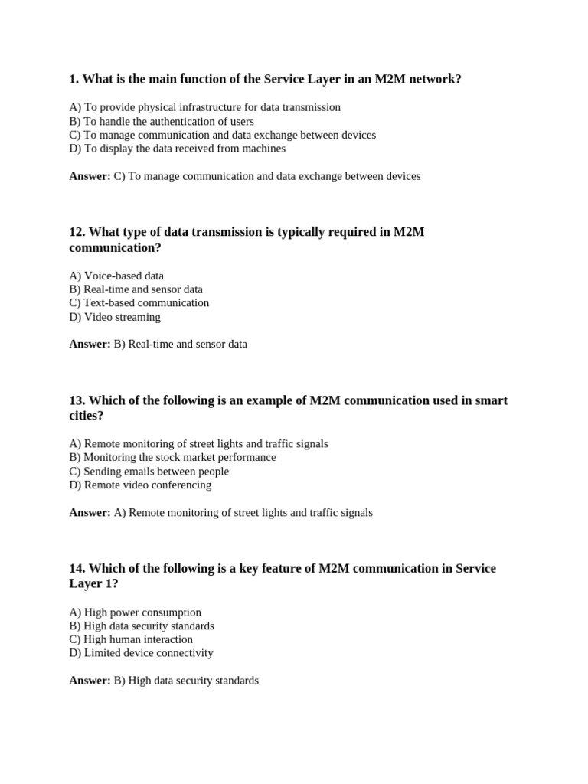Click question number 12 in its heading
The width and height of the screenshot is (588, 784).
click(x=77, y=232)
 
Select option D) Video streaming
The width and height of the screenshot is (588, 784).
click(x=115, y=317)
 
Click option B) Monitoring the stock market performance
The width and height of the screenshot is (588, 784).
click(x=172, y=457)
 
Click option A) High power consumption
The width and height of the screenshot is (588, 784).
click(x=135, y=612)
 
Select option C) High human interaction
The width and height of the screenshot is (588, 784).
click(x=130, y=639)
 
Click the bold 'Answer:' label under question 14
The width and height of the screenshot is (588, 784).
click(x=90, y=681)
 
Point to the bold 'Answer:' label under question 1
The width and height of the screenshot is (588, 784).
click(x=90, y=176)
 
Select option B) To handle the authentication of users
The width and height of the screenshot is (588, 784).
click(x=161, y=121)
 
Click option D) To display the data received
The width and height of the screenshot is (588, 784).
click(x=177, y=149)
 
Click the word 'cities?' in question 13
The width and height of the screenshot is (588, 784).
click(x=86, y=416)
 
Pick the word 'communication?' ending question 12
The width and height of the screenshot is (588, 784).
click(x=115, y=248)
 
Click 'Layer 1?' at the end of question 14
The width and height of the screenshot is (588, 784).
click(x=93, y=584)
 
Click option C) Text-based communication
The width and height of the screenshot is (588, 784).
click(x=139, y=303)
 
